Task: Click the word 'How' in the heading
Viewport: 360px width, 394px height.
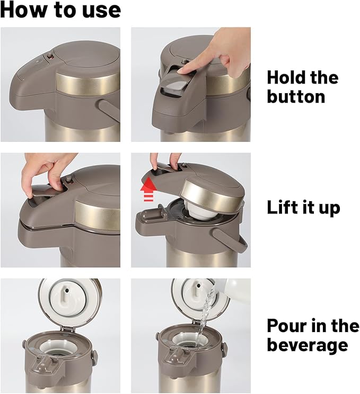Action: (x=24, y=10)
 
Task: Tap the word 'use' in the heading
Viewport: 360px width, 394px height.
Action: (x=101, y=11)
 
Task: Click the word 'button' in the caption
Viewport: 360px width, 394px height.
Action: (x=296, y=97)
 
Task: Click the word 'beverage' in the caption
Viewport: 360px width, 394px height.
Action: (x=308, y=345)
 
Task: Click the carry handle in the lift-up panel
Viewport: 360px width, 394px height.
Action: (x=230, y=240)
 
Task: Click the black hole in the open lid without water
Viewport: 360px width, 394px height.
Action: (x=67, y=291)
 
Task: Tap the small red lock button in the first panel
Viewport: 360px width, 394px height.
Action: (x=49, y=57)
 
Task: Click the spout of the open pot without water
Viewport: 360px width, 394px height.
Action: (x=45, y=364)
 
